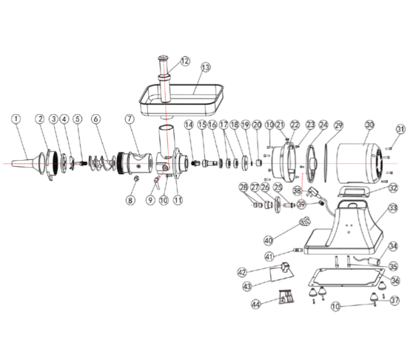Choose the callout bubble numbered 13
coord(205,66)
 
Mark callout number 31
coord(400,129)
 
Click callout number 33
coord(393,209)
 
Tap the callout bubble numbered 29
coord(339,124)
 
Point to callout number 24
coord(324,124)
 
